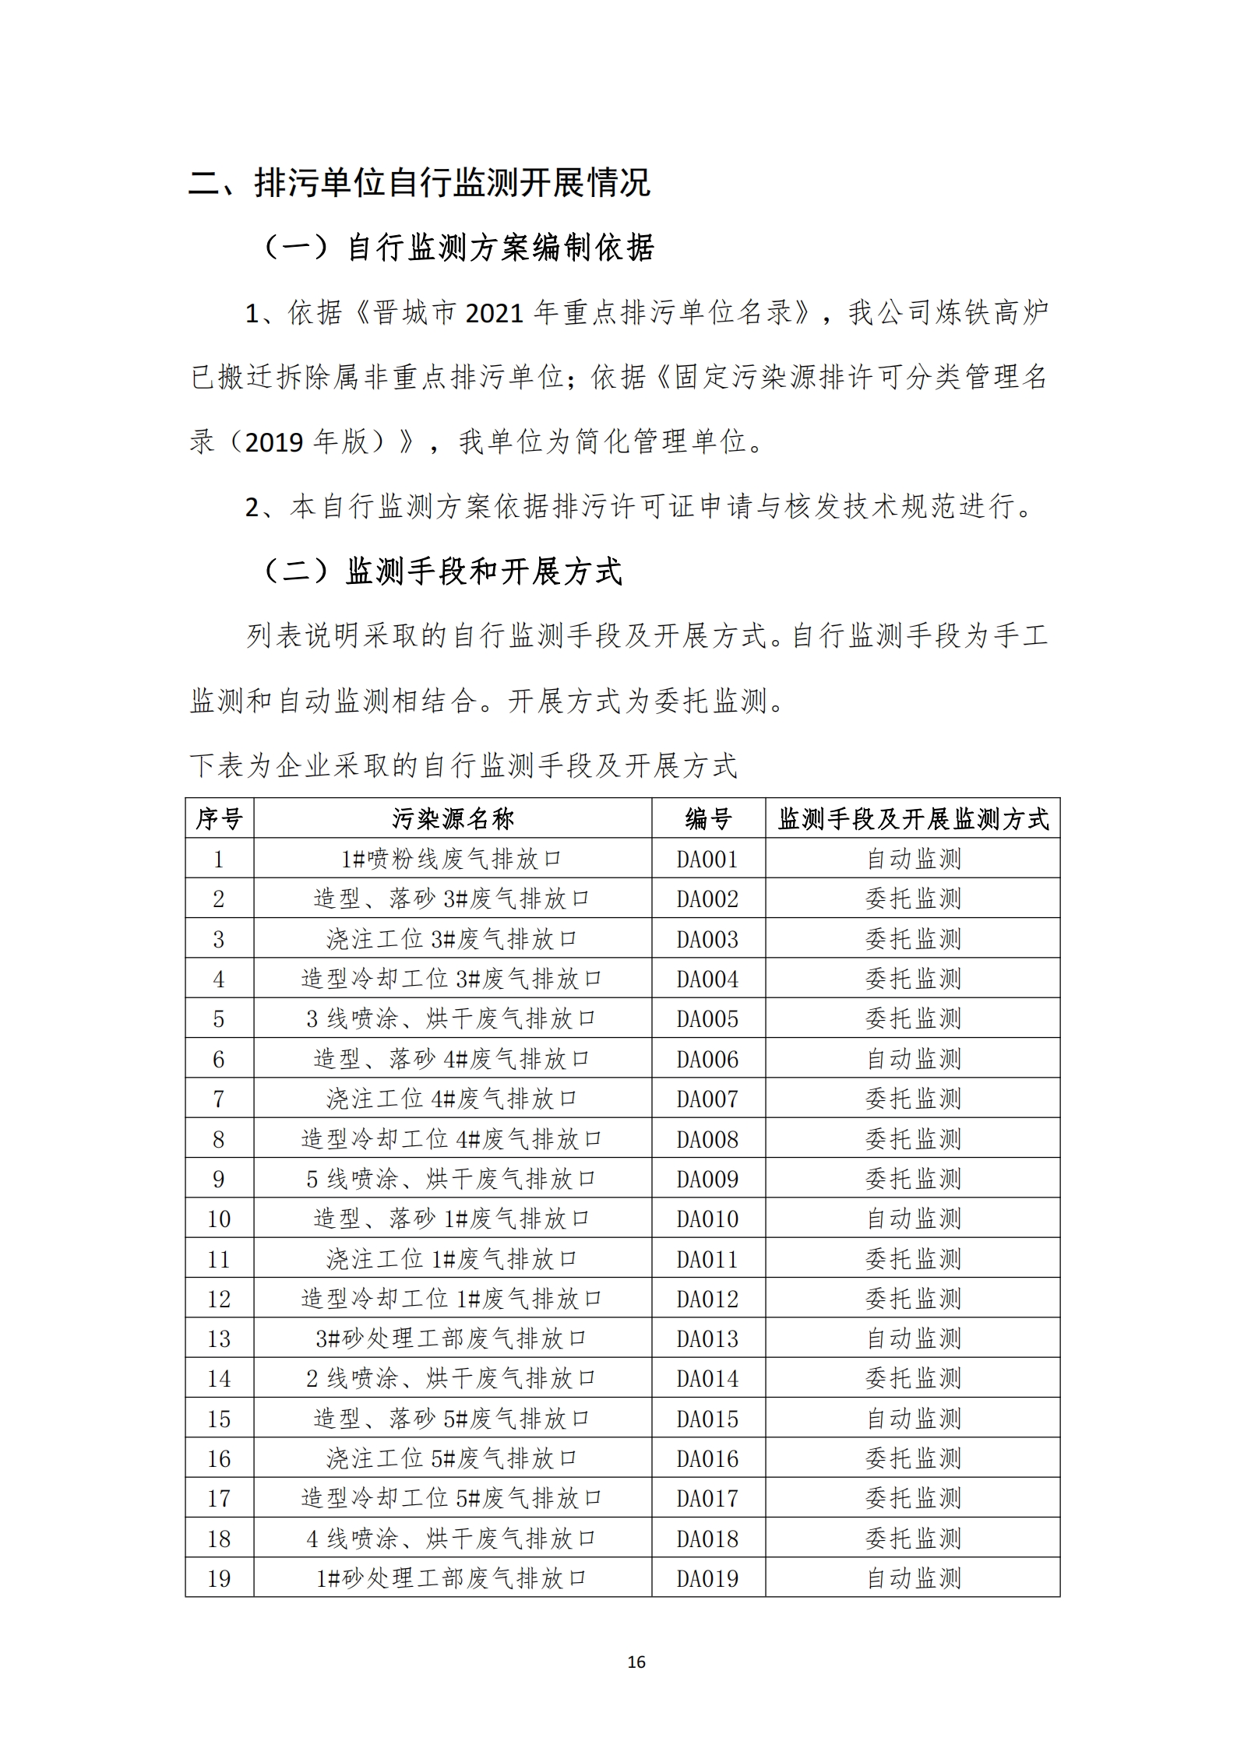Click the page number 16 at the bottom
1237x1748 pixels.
tap(636, 1662)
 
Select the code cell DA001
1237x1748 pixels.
tap(707, 859)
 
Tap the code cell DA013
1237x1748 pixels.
tap(707, 1338)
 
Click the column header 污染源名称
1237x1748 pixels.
tap(452, 818)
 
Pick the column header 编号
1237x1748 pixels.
tap(707, 818)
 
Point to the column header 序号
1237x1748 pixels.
tap(219, 818)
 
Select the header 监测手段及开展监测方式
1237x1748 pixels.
tap(913, 818)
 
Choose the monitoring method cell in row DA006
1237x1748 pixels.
tap(913, 1059)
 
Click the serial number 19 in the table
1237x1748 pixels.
tap(219, 1578)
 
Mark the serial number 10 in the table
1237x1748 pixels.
tap(219, 1219)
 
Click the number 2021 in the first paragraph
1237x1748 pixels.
tap(494, 313)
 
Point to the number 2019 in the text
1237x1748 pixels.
tap(274, 442)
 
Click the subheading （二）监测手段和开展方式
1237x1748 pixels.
tap(442, 571)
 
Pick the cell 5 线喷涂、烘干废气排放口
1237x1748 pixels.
tap(451, 1179)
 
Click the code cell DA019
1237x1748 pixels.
tap(707, 1578)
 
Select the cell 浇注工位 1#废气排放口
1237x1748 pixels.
tap(451, 1259)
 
